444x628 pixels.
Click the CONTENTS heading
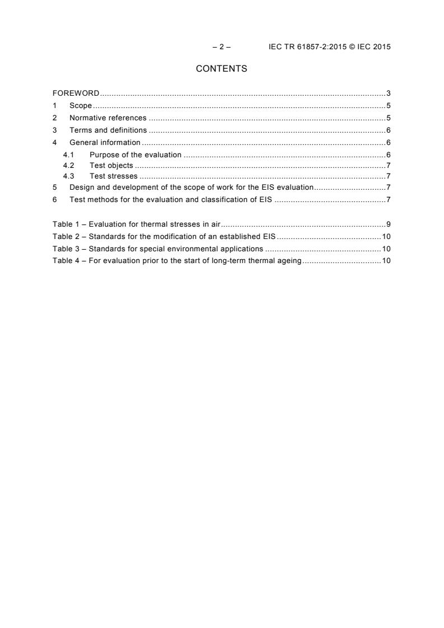tap(221, 69)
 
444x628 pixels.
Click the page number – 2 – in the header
tap(222, 47)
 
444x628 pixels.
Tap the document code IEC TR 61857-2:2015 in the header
tap(305, 47)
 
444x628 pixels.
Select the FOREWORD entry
tap(76, 93)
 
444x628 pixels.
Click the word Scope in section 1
tap(81, 106)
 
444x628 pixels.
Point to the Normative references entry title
tap(108, 118)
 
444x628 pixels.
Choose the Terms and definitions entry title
tap(108, 130)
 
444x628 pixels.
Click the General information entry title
tap(105, 143)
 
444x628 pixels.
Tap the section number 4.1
tap(68, 154)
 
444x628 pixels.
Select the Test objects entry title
tap(111, 166)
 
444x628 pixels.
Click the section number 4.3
tap(68, 176)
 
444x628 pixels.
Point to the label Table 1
tap(66, 224)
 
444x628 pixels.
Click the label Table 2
tap(66, 236)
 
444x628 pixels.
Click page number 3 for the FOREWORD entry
tap(388, 93)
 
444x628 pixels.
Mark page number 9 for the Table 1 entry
tap(388, 224)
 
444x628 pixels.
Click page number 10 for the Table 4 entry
tap(386, 261)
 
